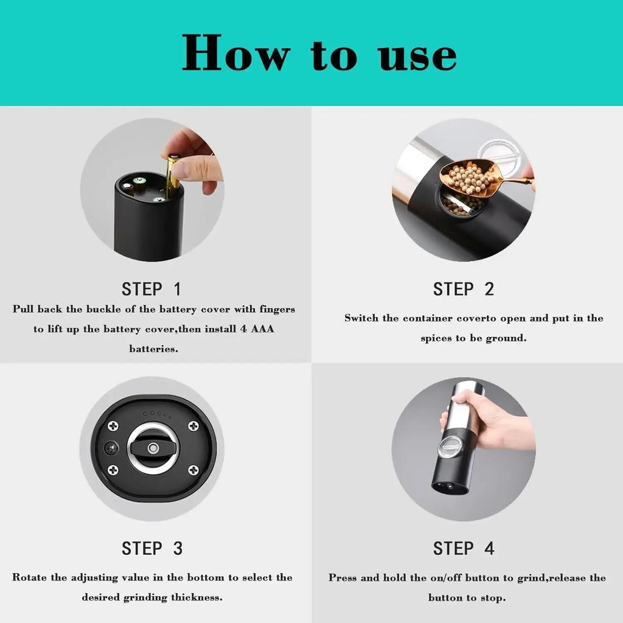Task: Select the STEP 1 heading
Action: (x=151, y=288)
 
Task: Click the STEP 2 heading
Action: (x=464, y=289)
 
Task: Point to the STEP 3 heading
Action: (x=152, y=548)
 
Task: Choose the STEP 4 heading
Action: (x=464, y=548)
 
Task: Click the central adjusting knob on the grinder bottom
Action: (x=152, y=449)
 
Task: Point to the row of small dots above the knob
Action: (x=157, y=414)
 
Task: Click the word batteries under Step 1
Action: (x=153, y=349)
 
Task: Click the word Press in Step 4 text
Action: (x=343, y=577)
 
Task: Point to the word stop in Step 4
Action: (x=493, y=597)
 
